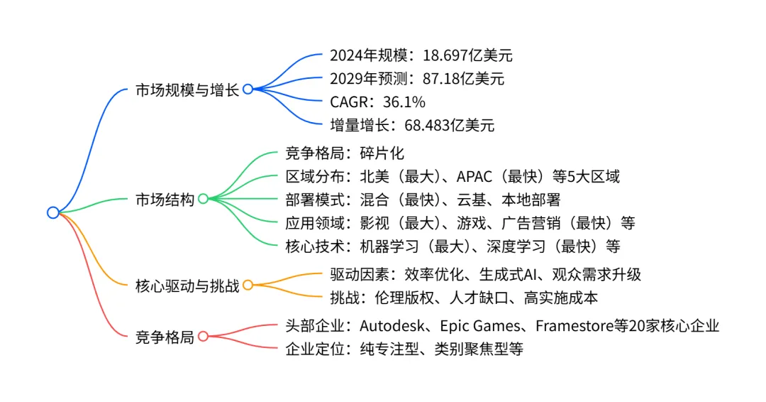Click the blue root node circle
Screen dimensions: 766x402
coord(53,212)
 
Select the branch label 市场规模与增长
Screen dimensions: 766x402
coord(187,89)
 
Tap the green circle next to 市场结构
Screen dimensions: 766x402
coord(203,199)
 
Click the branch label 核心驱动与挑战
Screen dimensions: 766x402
coord(187,286)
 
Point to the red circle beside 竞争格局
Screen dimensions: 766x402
coord(203,337)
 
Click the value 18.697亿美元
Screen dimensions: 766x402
coord(467,55)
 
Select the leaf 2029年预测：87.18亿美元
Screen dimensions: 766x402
coord(417,79)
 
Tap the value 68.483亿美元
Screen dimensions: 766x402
coord(450,126)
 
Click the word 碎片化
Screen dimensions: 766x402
coord(382,153)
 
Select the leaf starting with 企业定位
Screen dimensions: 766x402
coord(404,349)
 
